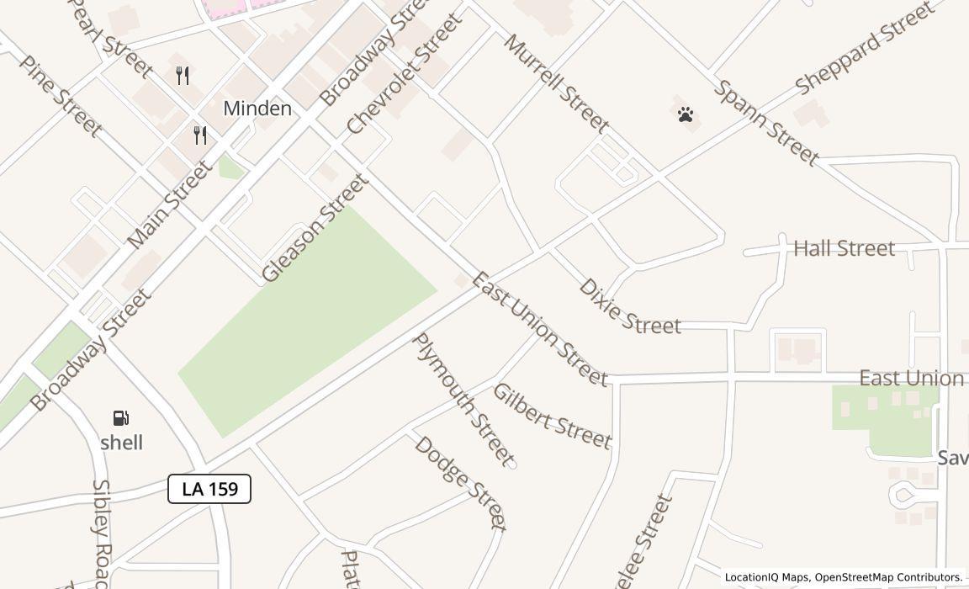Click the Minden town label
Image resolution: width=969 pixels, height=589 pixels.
257,109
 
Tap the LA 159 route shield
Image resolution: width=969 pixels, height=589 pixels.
209,489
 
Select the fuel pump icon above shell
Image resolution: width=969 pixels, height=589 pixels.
121,418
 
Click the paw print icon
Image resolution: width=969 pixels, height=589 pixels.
686,114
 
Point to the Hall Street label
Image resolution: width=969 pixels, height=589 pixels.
844,248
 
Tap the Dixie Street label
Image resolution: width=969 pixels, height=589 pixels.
629,307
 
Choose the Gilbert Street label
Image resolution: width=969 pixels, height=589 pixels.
552,417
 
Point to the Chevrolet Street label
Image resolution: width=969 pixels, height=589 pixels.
405,74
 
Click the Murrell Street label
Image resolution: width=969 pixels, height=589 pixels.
556,83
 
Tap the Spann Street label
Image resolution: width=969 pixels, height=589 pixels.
766,123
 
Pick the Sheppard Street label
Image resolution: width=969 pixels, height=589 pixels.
864,48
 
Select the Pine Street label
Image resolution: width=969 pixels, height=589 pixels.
61,96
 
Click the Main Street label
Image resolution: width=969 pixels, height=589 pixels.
170,205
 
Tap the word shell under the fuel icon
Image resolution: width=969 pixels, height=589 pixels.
122,443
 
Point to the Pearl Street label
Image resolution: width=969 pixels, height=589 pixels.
110,38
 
